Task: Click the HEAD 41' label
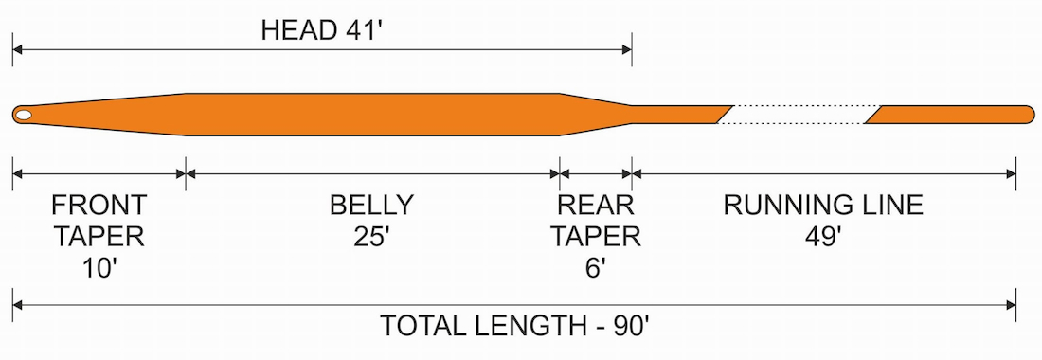click(320, 30)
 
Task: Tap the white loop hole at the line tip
click(24, 115)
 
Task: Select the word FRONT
click(99, 206)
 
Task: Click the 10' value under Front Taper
click(99, 269)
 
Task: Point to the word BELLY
click(371, 206)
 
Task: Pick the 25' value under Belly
click(371, 237)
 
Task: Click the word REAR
click(596, 206)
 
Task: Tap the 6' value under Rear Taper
click(596, 269)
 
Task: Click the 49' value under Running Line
click(823, 237)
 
